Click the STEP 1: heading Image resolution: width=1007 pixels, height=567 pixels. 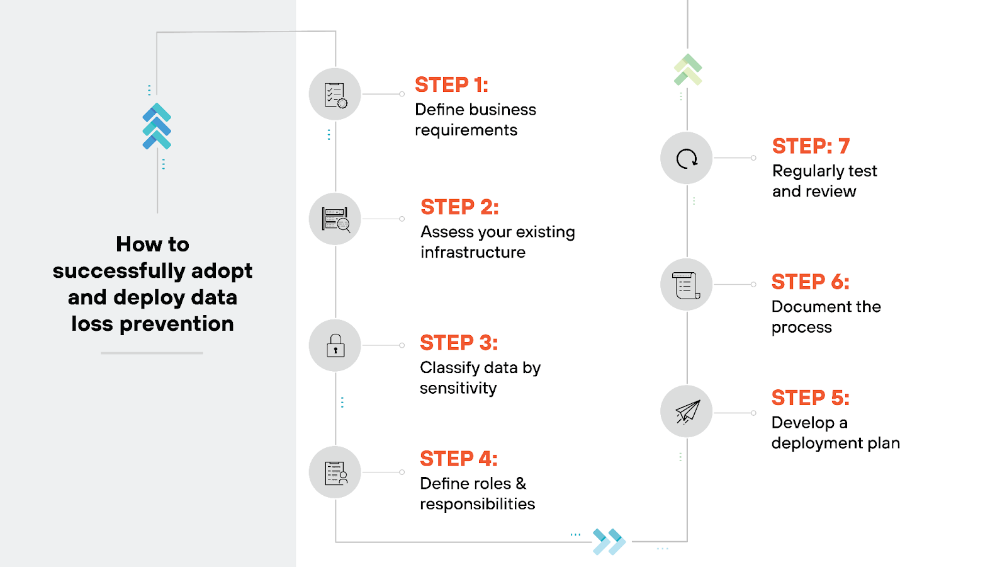point(451,85)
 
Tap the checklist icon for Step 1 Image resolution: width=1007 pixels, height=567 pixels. point(335,94)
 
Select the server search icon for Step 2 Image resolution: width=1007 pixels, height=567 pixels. point(335,219)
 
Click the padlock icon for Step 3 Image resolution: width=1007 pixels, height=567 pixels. point(335,346)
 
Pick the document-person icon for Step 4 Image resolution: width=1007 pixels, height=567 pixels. point(335,472)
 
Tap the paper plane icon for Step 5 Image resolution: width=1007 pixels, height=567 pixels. point(687,411)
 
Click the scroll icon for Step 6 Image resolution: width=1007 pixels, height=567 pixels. point(686,285)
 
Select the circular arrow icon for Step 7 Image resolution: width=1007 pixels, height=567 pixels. point(686,158)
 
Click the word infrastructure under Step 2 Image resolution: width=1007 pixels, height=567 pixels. point(473,253)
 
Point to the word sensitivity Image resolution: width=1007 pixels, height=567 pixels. point(458,388)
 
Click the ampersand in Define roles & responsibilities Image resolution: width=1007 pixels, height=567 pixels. point(520,483)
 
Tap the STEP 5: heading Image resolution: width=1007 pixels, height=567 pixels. point(810,398)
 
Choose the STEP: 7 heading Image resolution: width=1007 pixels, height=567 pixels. point(811,146)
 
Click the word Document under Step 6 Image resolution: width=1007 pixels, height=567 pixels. point(802,307)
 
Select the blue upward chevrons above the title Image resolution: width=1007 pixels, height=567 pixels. point(157,126)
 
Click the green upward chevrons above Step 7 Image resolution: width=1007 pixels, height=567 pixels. point(687,70)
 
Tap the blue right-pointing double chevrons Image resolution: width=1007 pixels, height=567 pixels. point(609,541)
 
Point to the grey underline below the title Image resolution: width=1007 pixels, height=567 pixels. point(152,353)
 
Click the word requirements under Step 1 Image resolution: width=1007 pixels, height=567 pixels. point(466,130)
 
